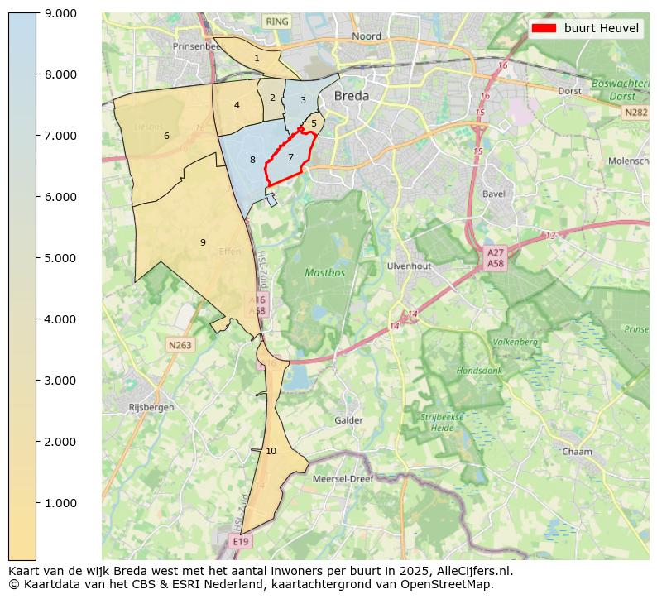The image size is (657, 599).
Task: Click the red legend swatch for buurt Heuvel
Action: tap(544, 28)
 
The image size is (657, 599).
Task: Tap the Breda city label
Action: tap(351, 96)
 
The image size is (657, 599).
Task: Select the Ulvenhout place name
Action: tap(409, 266)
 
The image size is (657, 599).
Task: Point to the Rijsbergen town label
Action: tap(151, 407)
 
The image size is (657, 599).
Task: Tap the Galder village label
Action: tap(348, 420)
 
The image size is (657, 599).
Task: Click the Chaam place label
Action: tap(577, 452)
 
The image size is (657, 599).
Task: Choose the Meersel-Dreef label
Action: tap(343, 478)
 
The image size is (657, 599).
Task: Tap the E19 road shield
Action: tap(240, 541)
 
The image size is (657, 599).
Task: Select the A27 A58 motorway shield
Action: tap(495, 258)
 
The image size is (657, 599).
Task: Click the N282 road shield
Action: tap(635, 112)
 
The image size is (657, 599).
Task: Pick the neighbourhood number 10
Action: tap(271, 451)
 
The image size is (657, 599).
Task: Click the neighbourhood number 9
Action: tap(202, 242)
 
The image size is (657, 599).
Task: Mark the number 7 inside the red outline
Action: tap(290, 156)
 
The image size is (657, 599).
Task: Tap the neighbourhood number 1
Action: tap(257, 58)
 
